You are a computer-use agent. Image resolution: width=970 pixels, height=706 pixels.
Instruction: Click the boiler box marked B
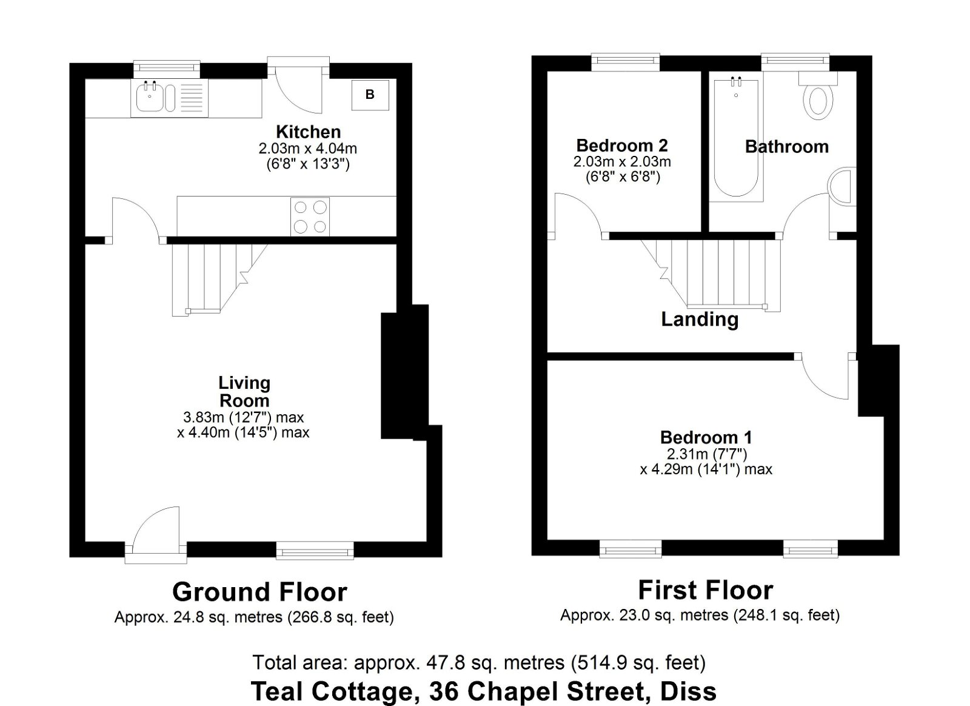click(370, 95)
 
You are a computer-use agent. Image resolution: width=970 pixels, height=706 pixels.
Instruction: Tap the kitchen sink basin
click(150, 98)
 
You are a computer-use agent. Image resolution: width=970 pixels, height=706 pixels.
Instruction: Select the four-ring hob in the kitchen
click(310, 217)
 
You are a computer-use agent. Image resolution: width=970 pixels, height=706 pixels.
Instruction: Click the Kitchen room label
click(309, 132)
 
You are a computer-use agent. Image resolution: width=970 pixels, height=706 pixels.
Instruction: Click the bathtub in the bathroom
click(736, 138)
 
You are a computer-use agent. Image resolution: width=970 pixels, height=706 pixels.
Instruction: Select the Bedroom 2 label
click(622, 145)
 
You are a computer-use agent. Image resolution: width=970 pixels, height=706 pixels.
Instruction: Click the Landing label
click(700, 320)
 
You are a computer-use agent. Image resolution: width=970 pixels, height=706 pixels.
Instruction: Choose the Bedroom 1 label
click(706, 437)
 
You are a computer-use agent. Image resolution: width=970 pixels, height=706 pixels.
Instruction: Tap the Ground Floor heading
click(260, 592)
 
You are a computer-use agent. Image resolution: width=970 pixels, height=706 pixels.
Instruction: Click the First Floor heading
click(706, 590)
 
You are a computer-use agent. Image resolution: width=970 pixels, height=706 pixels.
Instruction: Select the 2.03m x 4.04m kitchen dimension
click(308, 149)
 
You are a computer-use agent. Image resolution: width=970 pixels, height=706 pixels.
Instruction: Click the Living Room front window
click(315, 551)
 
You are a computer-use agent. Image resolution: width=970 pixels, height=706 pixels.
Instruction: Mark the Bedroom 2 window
click(626, 61)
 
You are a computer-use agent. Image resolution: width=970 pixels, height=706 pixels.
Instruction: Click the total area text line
click(479, 662)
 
